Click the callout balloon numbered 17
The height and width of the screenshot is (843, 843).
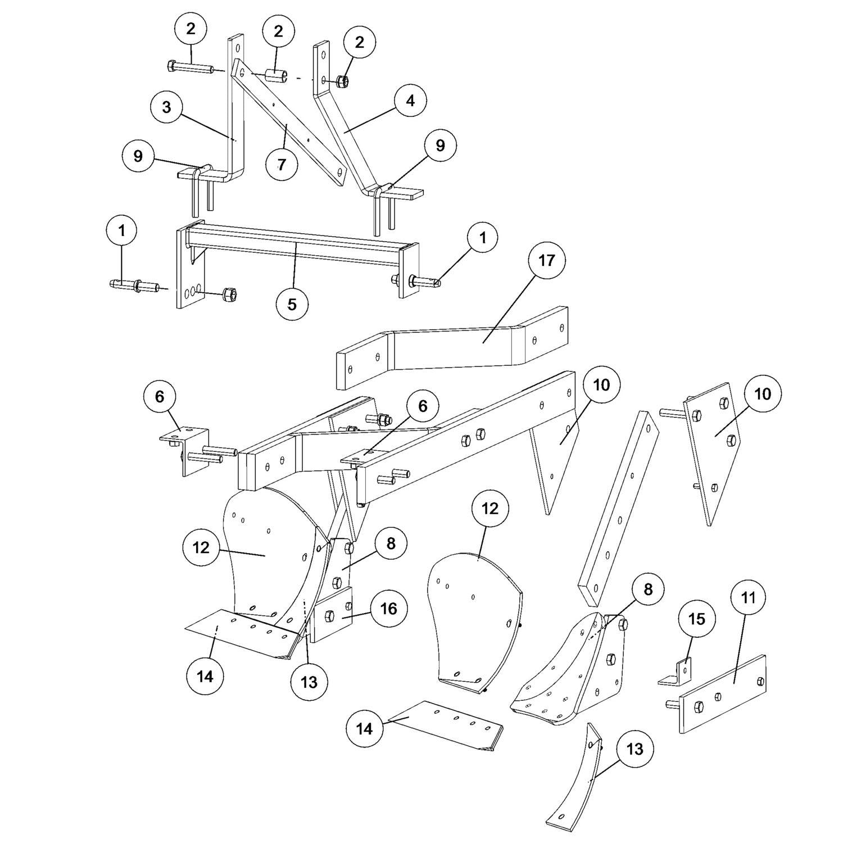coord(546,260)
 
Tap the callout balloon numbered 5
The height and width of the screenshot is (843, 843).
coord(292,304)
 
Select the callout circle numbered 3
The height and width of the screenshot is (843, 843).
coord(166,107)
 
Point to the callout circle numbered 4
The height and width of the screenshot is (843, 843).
coord(410,101)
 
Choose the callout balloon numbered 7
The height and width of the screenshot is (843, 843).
coord(282,164)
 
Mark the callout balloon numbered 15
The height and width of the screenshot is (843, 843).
coord(696,619)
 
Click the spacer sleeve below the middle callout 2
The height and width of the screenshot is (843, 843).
coord(276,75)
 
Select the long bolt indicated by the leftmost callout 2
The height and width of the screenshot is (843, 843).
coord(189,68)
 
